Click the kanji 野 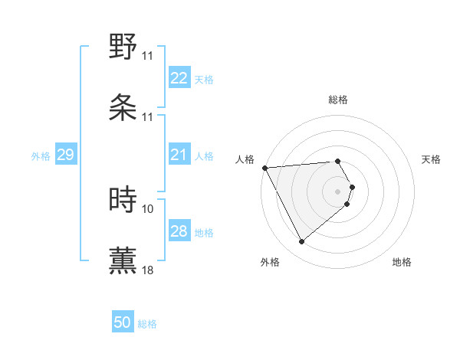tap(123, 47)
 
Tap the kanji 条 tap(123, 107)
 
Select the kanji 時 tap(123, 199)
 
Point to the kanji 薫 tap(123, 260)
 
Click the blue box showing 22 tap(179, 78)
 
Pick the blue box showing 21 tap(179, 155)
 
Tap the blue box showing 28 tap(179, 231)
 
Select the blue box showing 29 tap(65, 155)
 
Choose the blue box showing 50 tap(123, 322)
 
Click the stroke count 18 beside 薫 tap(148, 270)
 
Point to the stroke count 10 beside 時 tap(148, 208)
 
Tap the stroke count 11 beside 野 tap(148, 56)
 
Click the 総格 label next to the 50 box tap(147, 324)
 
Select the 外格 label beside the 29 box tap(41, 156)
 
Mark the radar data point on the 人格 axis tap(264, 168)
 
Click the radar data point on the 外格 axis tap(301, 242)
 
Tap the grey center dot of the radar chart tap(338, 191)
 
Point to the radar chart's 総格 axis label tap(338, 100)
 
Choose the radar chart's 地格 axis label tap(402, 263)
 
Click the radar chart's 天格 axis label tap(431, 159)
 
